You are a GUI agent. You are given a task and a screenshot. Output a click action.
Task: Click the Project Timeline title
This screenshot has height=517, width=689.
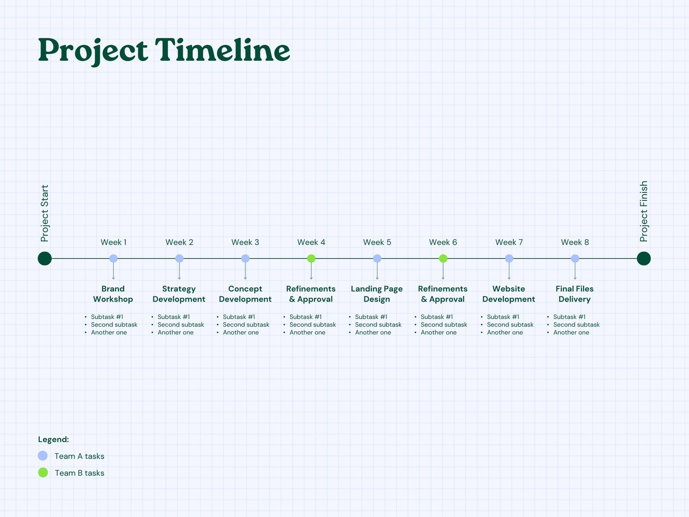(164, 51)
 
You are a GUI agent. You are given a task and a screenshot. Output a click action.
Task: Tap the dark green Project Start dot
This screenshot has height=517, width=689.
(45, 258)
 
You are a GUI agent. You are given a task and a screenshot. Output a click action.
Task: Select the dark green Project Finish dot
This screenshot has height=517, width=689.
(644, 258)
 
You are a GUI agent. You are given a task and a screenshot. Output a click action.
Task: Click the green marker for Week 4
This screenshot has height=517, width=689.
(311, 258)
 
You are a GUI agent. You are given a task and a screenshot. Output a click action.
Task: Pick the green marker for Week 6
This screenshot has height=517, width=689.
(443, 258)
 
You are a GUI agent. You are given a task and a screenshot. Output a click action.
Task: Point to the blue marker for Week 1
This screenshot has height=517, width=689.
(113, 258)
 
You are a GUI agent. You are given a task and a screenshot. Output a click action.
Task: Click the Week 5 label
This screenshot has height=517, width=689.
(377, 242)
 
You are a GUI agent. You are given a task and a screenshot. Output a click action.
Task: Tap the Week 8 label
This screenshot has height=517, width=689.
(575, 242)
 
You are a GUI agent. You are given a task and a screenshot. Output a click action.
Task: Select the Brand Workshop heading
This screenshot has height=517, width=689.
(113, 294)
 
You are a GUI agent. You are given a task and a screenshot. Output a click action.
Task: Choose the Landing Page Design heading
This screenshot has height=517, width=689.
(377, 294)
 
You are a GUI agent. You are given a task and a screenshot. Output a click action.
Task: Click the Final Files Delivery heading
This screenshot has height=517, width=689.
(574, 294)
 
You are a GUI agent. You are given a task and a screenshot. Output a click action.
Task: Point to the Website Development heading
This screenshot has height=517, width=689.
(509, 294)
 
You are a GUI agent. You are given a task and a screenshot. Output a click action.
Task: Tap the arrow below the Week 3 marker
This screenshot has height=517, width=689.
(245, 271)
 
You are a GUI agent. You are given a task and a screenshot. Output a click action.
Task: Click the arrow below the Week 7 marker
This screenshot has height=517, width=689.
(509, 271)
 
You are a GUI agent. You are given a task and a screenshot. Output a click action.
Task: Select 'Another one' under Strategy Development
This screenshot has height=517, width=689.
(175, 332)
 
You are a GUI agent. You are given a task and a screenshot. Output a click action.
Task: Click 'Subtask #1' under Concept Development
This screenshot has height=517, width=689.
(239, 317)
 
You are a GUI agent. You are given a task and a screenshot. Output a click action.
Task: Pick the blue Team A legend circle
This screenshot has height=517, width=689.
(43, 455)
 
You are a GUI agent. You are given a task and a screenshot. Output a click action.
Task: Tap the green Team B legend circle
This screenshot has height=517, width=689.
(43, 473)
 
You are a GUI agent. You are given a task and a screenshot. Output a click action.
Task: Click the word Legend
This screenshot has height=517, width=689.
(53, 439)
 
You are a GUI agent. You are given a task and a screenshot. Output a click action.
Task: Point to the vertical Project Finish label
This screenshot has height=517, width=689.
(643, 211)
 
